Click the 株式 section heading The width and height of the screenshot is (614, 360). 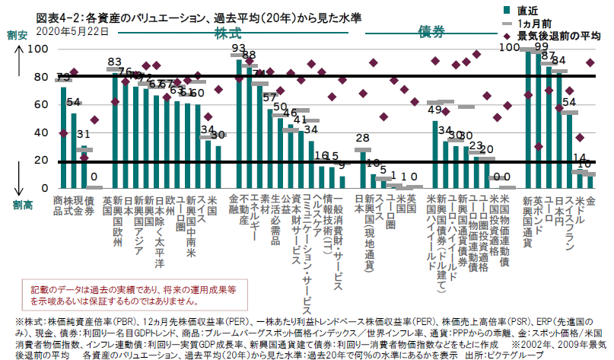pyautogui.click(x=227, y=33)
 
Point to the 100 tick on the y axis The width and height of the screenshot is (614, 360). pyautogui.click(x=37, y=49)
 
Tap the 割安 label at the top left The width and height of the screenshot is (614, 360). pyautogui.click(x=16, y=35)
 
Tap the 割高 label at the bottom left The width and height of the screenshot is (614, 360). pyautogui.click(x=15, y=205)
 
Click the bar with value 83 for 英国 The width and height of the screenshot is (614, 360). pyautogui.click(x=116, y=129)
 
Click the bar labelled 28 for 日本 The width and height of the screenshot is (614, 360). pyautogui.click(x=362, y=169)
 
